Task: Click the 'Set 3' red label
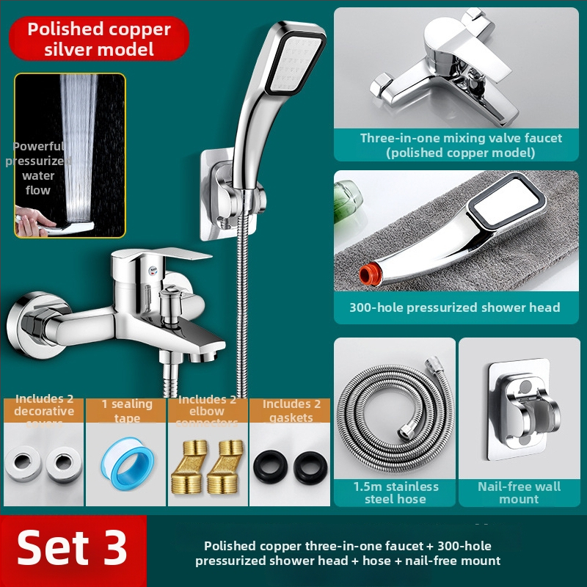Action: [73, 548]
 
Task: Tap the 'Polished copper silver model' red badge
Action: [99, 40]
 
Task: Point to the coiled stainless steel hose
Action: [395, 426]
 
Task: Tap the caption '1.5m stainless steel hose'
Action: [395, 492]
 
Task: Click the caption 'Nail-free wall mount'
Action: [519, 492]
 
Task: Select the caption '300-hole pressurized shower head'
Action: [454, 307]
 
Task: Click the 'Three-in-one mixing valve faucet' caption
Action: [460, 145]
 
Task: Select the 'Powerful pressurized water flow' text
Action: [38, 167]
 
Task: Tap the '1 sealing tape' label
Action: [126, 410]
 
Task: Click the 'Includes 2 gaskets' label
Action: [291, 410]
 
